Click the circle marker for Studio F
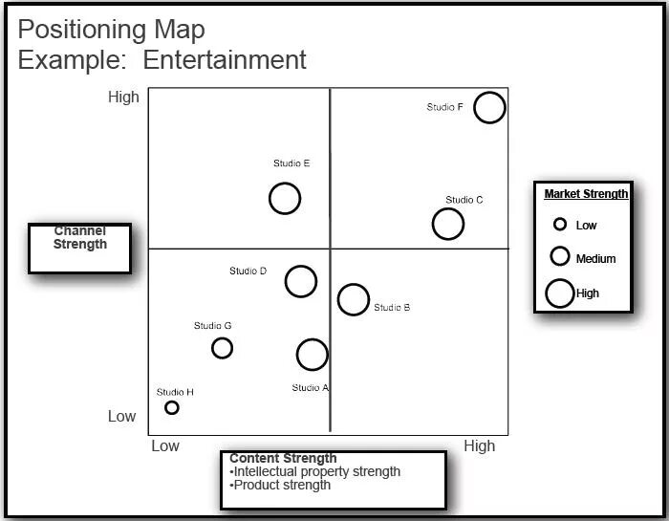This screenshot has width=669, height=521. pos(489,108)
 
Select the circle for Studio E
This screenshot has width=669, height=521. pos(285,199)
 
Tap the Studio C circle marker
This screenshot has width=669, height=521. pos(447,224)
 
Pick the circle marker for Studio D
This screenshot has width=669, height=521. pos(301,281)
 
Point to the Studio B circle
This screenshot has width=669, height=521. pos(354,299)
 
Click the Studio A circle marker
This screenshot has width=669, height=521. pos(312,355)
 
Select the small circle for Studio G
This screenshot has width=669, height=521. pos(222,348)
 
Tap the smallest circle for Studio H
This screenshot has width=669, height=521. pos(172,407)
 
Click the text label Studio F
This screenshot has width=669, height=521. pos(445,107)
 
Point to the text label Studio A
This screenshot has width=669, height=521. pos(311,387)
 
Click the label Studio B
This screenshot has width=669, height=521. pos(392,307)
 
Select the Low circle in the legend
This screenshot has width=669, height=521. pos(560,225)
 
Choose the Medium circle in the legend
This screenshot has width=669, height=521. pos(560,256)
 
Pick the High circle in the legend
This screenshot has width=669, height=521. pos(560,293)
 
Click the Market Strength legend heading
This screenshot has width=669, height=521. pos(586,194)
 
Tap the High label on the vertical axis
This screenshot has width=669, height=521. pos(124,97)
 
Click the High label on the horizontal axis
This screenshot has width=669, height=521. pos(479,445)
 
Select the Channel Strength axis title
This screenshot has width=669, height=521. pos(80,238)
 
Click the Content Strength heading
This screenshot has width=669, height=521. pos(283,458)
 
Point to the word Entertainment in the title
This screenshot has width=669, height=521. pos(225,59)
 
